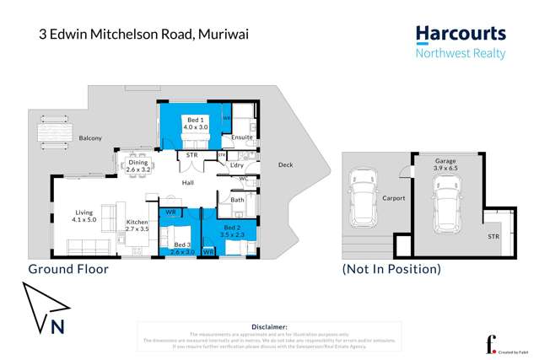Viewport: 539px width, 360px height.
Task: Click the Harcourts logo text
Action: point(461,35)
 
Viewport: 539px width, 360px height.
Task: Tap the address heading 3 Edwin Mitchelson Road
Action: point(144,35)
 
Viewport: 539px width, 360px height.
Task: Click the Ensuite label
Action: point(242,137)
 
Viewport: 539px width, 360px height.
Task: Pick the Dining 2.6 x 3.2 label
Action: point(137,166)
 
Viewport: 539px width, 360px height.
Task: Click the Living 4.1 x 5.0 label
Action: point(84,217)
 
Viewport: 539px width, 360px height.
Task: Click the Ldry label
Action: point(237,165)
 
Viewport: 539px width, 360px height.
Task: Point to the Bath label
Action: point(237,201)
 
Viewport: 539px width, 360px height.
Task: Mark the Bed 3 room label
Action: point(183,248)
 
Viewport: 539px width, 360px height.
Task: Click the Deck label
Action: point(286,165)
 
